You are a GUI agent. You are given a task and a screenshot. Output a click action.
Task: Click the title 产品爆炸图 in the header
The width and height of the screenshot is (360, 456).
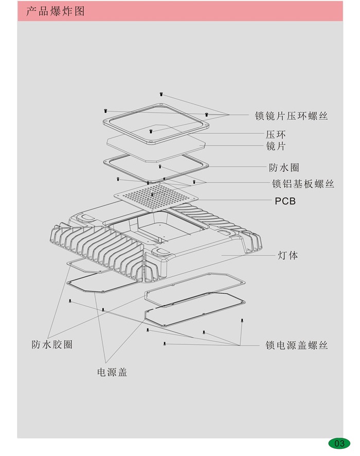coord(55,11)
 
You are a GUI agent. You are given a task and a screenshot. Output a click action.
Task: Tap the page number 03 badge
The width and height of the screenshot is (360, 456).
coord(339,443)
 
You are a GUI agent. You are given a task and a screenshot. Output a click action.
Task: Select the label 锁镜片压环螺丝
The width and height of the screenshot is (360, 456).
coord(291,116)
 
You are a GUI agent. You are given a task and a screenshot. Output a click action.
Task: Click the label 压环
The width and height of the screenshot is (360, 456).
coord(276,135)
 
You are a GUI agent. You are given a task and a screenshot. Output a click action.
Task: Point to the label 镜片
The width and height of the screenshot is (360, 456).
coord(276,147)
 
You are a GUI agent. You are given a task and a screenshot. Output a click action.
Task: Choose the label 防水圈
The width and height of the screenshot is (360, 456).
coord(284,167)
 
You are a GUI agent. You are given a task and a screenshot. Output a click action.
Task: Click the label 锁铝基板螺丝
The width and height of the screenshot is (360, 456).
coord(302,184)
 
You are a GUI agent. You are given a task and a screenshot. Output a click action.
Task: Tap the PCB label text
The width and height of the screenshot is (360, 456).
coord(285,201)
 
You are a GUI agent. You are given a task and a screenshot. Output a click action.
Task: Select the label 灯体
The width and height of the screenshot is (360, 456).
coord(287,255)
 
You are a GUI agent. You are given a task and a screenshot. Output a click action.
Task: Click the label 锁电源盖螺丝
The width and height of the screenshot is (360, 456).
coord(296,345)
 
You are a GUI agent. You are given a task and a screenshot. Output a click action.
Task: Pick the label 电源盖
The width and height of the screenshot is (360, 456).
coord(112,372)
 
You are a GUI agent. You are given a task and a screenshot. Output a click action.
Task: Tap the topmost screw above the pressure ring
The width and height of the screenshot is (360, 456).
coord(160,94)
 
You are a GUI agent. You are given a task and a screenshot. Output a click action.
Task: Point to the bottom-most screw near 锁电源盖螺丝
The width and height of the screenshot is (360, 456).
coord(164,343)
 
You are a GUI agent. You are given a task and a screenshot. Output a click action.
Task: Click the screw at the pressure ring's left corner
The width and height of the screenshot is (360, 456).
coord(105,110)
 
